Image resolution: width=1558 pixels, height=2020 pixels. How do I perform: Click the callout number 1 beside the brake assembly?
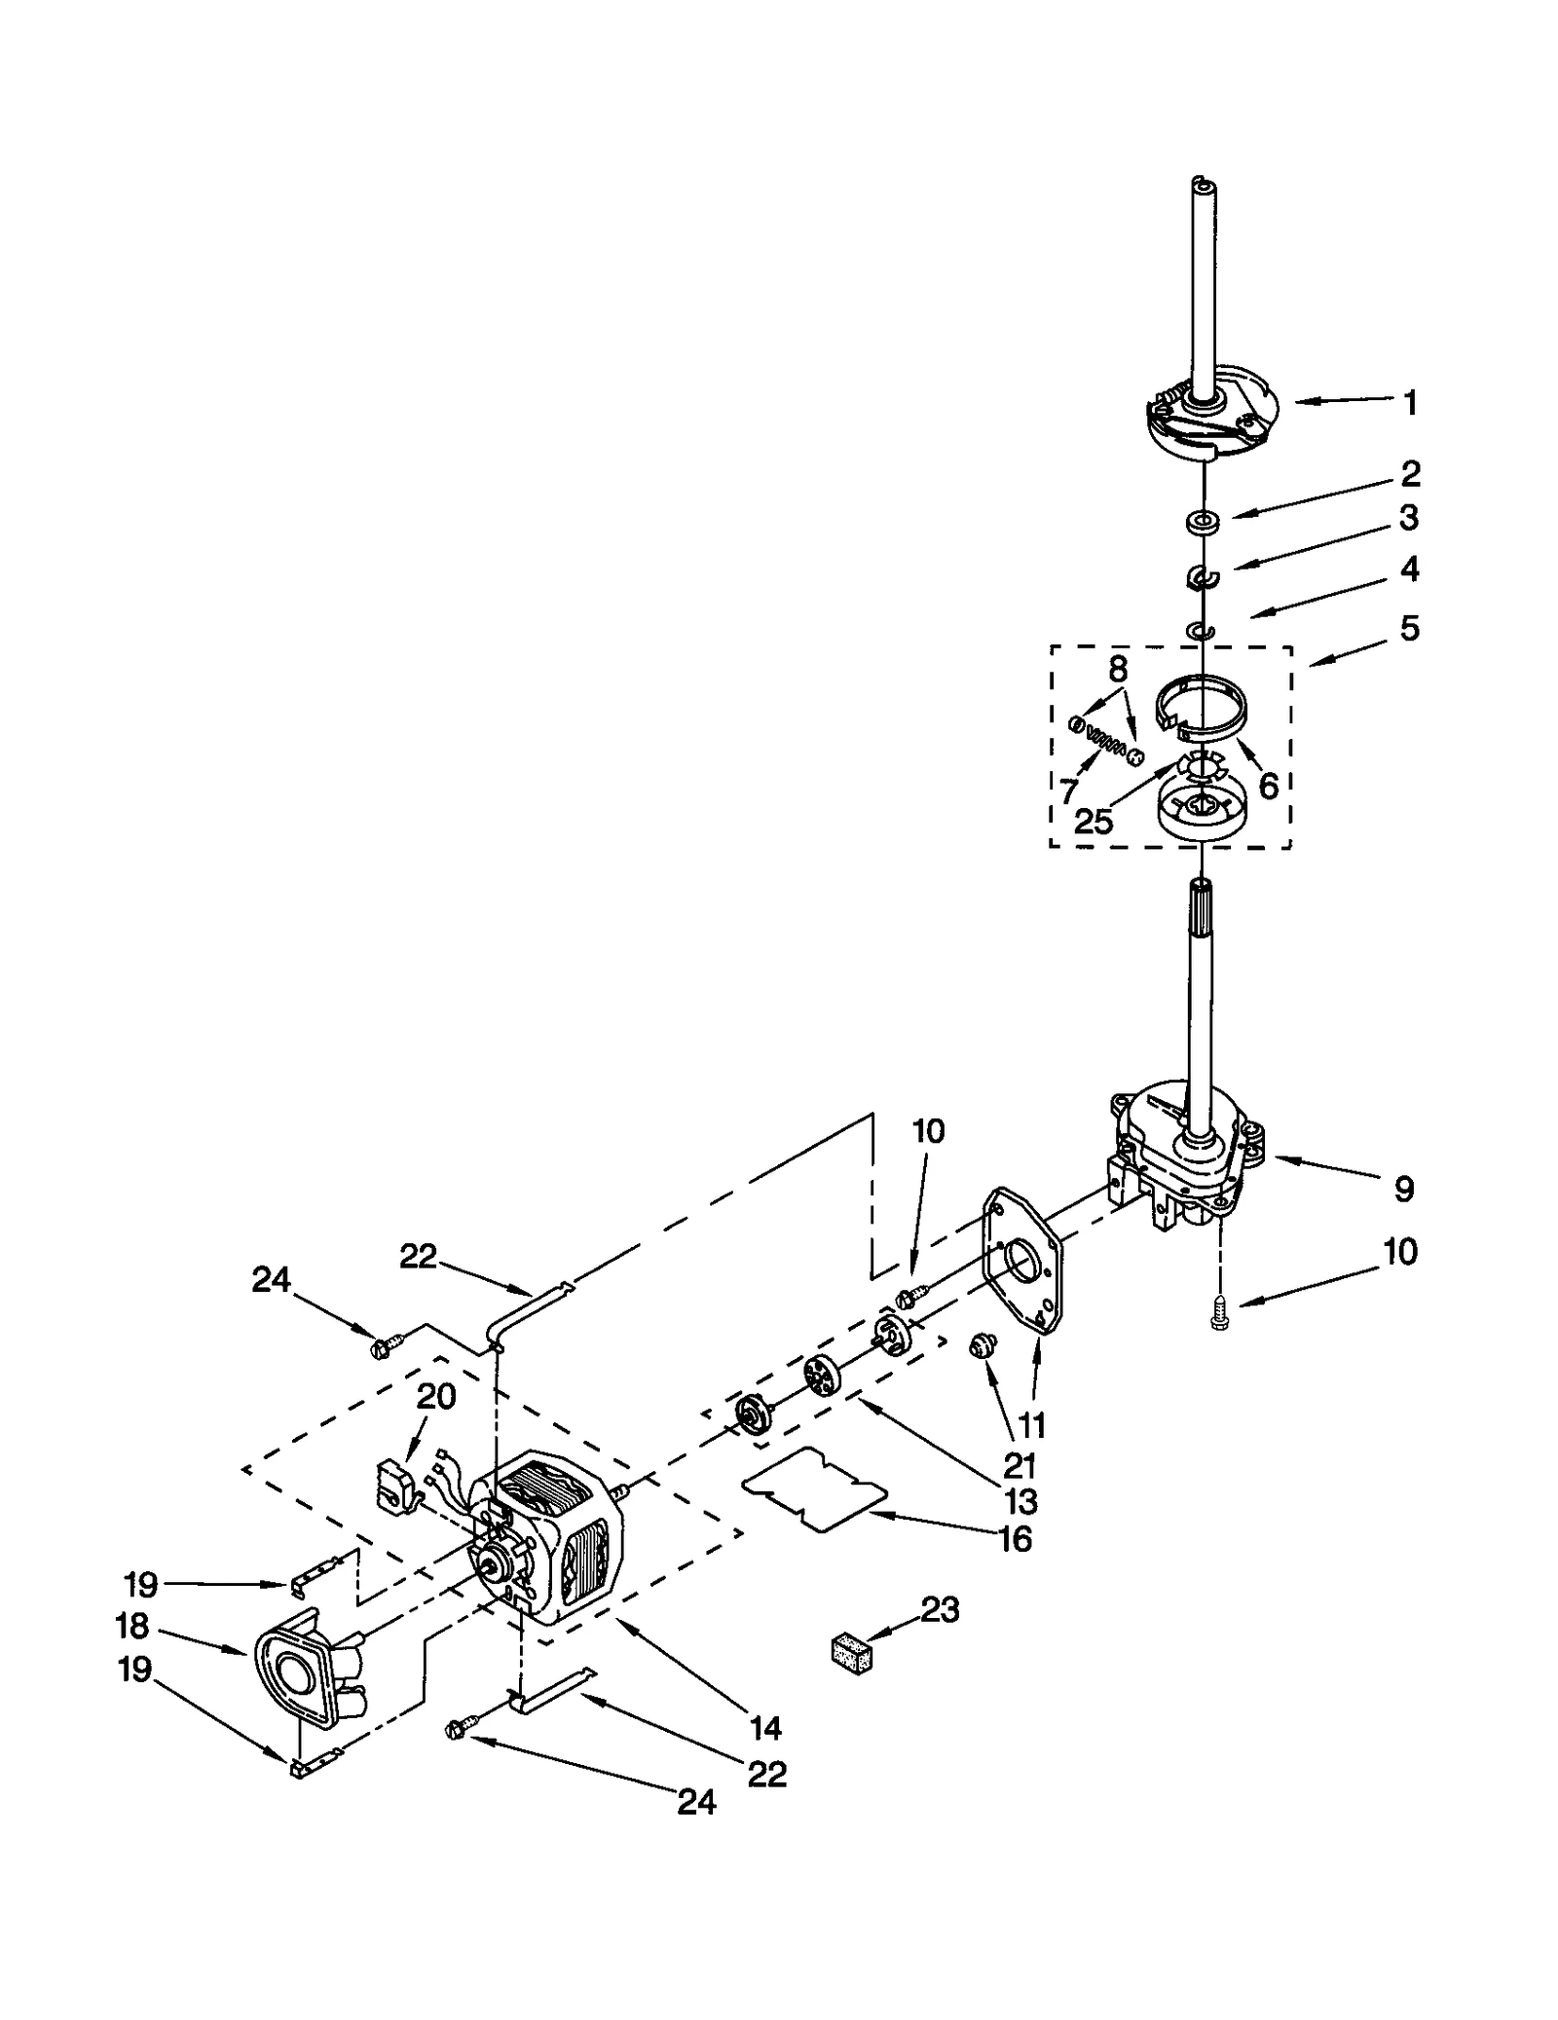(1409, 402)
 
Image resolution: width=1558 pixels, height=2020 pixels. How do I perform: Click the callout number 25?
(1094, 822)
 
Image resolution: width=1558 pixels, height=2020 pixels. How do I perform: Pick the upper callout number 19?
(140, 1584)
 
